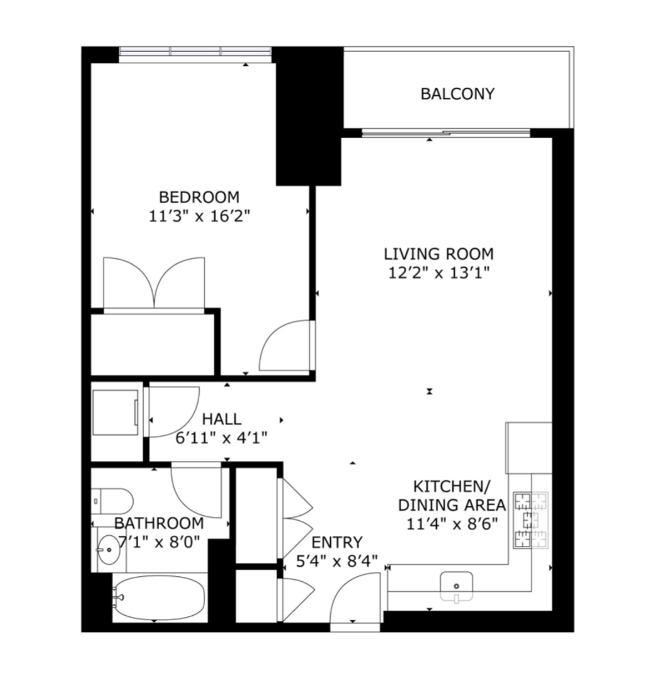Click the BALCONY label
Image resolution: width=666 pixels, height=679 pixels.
point(457,94)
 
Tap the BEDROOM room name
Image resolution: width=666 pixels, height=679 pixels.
point(199,197)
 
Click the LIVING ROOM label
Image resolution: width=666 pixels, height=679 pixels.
point(438,254)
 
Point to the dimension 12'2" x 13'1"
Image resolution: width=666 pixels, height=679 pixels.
point(438,273)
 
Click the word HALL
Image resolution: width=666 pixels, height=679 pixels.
point(221,419)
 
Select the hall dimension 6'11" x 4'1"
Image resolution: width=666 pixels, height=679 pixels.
point(221,439)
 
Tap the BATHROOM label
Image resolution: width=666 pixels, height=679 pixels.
point(159,523)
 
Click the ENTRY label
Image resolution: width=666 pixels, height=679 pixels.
point(337,542)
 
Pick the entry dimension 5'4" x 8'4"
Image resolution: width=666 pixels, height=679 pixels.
point(337,561)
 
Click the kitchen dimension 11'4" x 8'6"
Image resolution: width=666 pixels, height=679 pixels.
point(451,523)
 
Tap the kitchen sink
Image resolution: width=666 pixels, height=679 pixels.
point(456,586)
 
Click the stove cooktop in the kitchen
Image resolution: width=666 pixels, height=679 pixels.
point(531,520)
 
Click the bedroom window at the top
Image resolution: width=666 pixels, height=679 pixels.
point(195,52)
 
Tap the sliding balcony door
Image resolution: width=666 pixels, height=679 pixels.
point(446,133)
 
